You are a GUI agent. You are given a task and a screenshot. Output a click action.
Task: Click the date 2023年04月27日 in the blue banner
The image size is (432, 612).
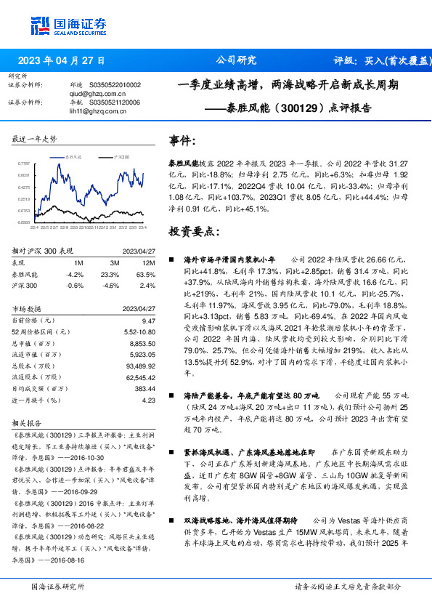click(x=61, y=60)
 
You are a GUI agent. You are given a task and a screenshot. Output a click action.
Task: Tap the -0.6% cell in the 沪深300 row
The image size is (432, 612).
click(x=74, y=286)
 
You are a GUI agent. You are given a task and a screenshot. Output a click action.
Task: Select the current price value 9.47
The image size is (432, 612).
click(x=150, y=320)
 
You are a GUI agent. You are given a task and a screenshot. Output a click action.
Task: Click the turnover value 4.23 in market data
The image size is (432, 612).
click(x=150, y=400)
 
